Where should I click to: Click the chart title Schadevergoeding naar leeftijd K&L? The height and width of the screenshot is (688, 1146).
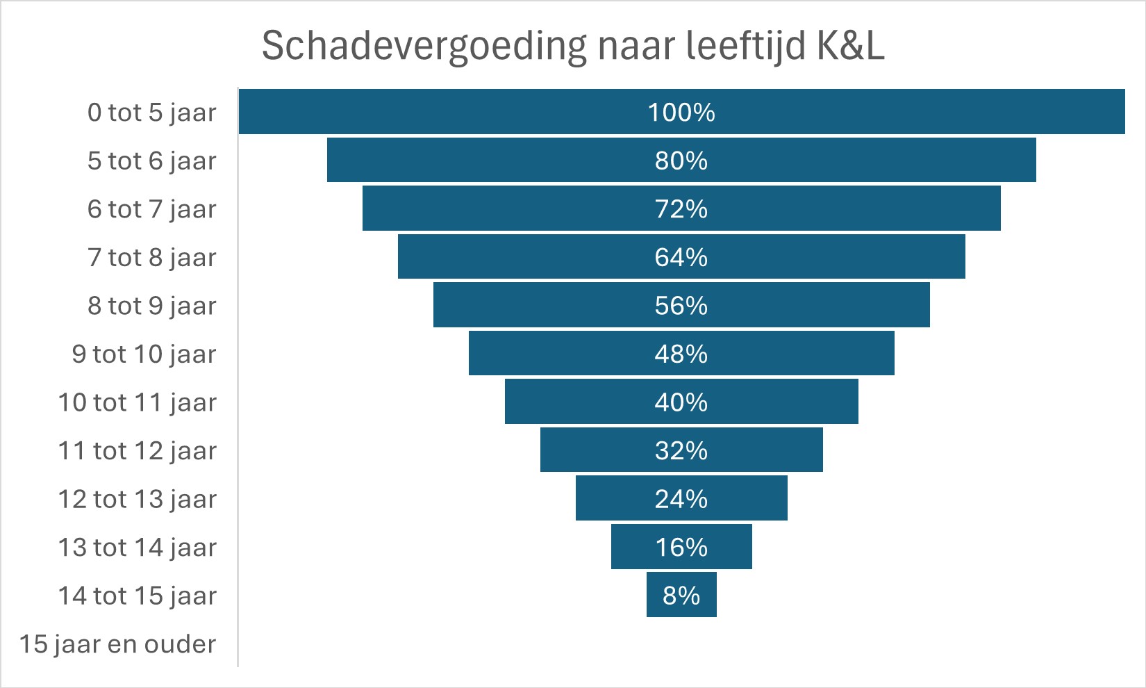(x=573, y=46)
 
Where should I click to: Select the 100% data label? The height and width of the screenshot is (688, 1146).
(x=681, y=113)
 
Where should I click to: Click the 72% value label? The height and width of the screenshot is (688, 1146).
(x=681, y=209)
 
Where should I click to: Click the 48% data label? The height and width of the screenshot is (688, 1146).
(x=681, y=354)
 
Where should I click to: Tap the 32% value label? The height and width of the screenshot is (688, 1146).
(x=681, y=450)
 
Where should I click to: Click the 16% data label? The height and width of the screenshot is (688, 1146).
(x=681, y=547)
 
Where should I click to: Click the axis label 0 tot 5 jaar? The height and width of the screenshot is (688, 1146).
(x=152, y=113)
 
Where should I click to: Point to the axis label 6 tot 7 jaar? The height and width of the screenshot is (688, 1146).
(x=152, y=209)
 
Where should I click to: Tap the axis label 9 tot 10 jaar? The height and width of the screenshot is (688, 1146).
(x=144, y=354)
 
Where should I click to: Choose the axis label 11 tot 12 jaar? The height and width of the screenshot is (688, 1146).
(x=138, y=450)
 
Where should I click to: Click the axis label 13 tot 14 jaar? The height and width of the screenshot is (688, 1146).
(x=138, y=547)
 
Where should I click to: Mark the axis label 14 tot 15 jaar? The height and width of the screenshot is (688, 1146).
(x=138, y=596)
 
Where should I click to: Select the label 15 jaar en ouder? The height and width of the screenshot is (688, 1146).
(x=118, y=644)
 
